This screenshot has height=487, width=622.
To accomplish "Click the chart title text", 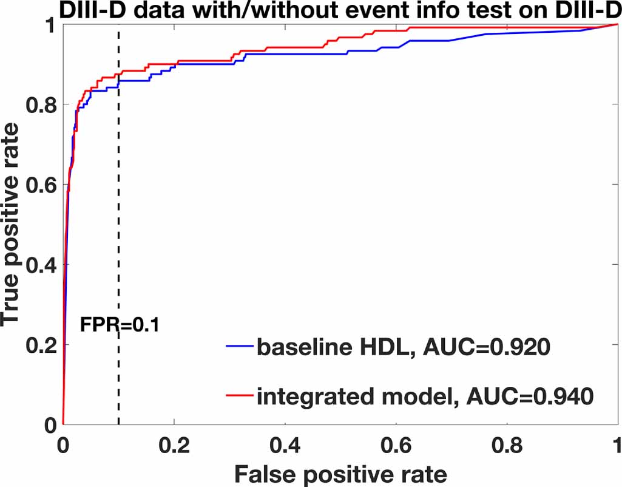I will [311, 10].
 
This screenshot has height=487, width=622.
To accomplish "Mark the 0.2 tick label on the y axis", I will [39, 344].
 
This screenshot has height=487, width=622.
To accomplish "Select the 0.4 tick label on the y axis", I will [39, 265].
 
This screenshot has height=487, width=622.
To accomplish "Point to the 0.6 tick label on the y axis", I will [39, 185].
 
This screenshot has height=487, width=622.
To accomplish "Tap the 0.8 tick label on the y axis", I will [39, 105].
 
